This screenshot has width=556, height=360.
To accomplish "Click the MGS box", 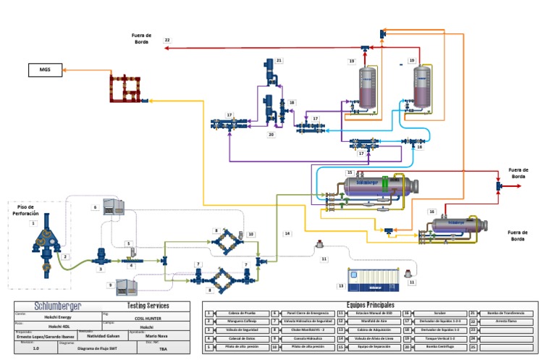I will pos(41,70).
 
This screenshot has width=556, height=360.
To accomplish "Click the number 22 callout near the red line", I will pos(167,40).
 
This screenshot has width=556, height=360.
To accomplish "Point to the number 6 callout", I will pos(95,207).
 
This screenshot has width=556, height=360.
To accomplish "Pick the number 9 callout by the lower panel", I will pos(110,285).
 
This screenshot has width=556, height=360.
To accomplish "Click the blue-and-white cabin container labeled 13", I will pos(373,279).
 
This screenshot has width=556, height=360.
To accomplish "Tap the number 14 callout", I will pos(287,233).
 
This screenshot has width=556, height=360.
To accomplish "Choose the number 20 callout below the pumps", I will pos(271,134).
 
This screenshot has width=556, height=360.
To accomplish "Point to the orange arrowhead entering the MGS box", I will pos(64,70).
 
